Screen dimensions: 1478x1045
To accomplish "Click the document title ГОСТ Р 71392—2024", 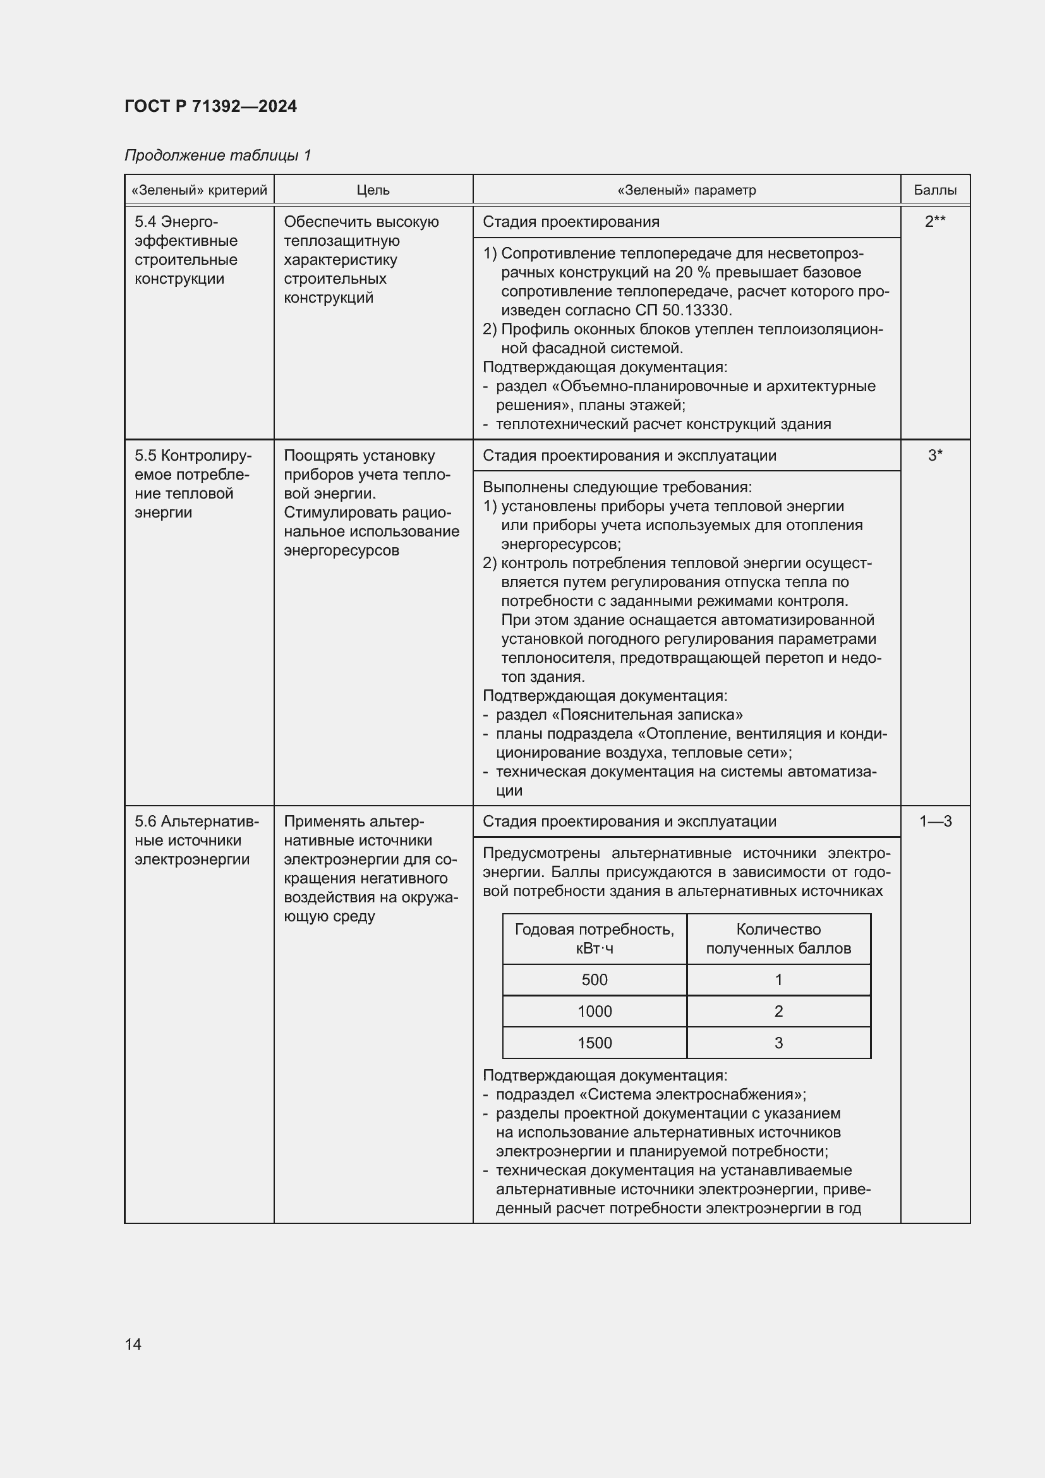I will click(x=210, y=106).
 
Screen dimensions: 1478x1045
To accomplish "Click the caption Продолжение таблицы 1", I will click(x=217, y=155).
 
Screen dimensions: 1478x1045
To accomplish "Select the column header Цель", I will click(x=373, y=190).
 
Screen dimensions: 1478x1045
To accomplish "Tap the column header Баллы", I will click(x=934, y=190).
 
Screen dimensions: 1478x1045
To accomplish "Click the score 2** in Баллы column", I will click(x=934, y=221).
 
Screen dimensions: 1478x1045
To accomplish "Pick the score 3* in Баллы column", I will click(x=934, y=456).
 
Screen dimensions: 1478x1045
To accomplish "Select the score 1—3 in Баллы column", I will click(x=935, y=821).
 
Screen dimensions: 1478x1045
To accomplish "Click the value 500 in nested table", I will click(x=594, y=980).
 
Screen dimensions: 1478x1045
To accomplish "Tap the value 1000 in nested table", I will click(x=594, y=1011).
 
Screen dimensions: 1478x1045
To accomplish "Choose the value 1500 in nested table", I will click(x=594, y=1043).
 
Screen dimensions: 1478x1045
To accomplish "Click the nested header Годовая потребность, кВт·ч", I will click(x=594, y=938).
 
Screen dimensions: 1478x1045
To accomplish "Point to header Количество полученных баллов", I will click(x=778, y=938).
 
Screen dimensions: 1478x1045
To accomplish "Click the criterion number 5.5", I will click(x=145, y=456).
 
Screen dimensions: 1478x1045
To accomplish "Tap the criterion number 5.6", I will click(x=145, y=821).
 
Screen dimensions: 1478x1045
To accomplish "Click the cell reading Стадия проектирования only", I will click(x=571, y=221).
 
